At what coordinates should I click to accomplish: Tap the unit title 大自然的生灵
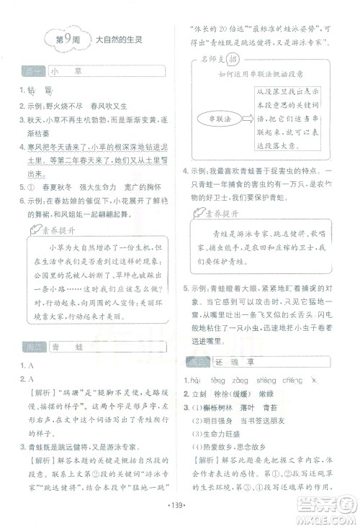118,41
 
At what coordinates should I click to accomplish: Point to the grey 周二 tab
30,347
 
